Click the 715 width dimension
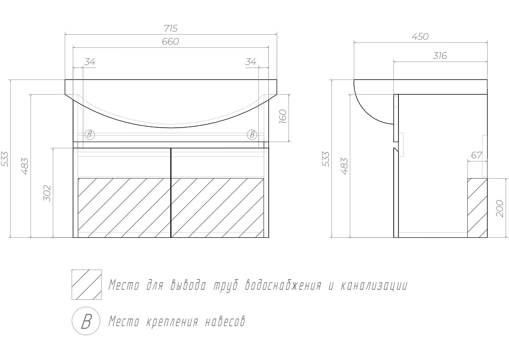click(171, 29)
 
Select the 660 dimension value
click(170, 42)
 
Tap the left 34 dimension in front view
click(90, 62)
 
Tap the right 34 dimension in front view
click(251, 62)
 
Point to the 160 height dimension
click(282, 117)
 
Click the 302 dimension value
click(47, 193)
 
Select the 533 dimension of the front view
click(6, 159)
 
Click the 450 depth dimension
click(420, 37)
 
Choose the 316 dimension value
click(440, 56)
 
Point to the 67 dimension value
click(477, 155)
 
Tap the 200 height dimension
click(499, 208)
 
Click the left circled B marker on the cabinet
click(90, 134)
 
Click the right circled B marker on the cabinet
click(252, 134)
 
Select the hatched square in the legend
click(87, 285)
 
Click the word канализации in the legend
click(374, 286)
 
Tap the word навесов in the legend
click(225, 322)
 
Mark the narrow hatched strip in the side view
click(477, 208)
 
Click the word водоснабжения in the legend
click(283, 286)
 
